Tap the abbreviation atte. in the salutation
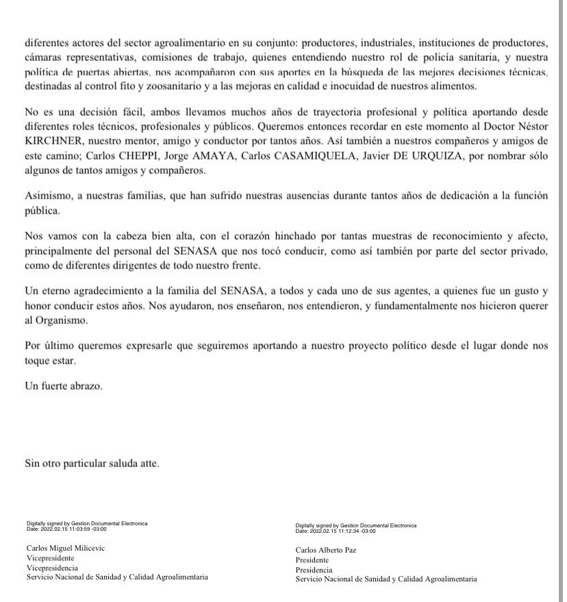[147, 464]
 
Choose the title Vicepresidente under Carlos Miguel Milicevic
[50, 558]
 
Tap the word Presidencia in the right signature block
[314, 569]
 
